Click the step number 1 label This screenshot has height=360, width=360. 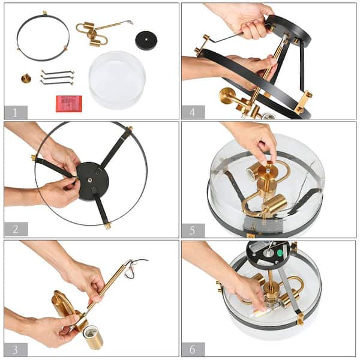[16, 112]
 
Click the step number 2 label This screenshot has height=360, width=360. [16, 229]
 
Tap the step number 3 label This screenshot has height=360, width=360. [16, 348]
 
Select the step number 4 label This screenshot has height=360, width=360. [193, 112]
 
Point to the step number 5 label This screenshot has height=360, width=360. [193, 230]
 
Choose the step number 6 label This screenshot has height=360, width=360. [193, 349]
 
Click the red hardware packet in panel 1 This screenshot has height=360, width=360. [68, 103]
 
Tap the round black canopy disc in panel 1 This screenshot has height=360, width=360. [146, 40]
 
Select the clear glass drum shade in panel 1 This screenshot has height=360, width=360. [117, 79]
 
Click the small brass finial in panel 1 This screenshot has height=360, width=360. [26, 78]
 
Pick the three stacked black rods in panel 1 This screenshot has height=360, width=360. [57, 77]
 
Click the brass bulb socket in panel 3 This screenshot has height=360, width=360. [92, 337]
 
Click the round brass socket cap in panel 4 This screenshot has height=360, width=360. [228, 96]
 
